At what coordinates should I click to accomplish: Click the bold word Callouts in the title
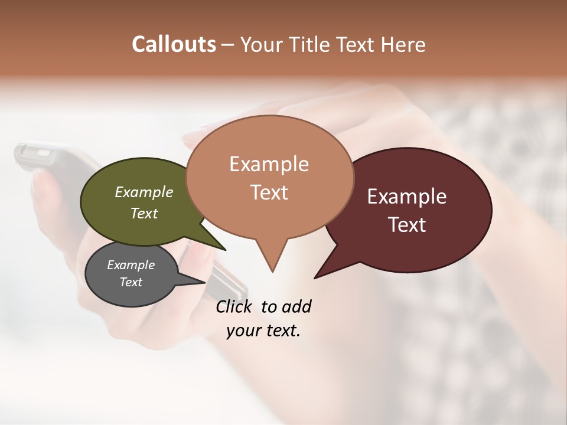174,44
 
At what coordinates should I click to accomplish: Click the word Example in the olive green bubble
144,192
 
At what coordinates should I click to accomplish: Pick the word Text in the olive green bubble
144,213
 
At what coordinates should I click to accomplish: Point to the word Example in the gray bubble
131,265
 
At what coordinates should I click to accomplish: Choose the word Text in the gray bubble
131,282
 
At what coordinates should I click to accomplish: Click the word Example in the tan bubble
269,164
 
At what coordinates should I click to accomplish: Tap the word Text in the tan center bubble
269,192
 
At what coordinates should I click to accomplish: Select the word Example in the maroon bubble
407,197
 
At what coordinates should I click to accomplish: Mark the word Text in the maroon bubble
407,225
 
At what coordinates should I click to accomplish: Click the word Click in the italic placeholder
234,306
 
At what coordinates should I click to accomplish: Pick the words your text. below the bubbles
263,331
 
